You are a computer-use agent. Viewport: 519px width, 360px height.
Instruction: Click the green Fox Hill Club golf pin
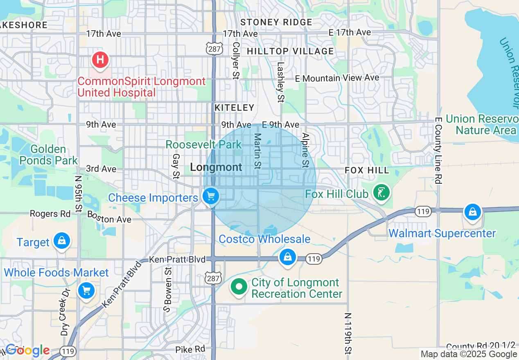(x=381, y=192)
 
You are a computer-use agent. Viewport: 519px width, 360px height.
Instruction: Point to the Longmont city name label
(x=216, y=167)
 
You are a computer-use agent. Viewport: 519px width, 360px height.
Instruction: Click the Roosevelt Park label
(x=203, y=145)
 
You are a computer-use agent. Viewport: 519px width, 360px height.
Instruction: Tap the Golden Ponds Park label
(x=48, y=155)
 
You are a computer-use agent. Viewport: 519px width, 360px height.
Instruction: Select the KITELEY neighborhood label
(x=235, y=108)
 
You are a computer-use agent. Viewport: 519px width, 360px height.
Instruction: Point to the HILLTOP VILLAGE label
(x=290, y=51)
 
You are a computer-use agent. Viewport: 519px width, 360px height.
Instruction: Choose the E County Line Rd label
(x=438, y=150)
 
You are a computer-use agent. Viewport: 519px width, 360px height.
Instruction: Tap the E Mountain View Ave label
(x=338, y=78)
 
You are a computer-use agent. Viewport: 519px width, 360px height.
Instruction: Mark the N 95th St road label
(x=78, y=194)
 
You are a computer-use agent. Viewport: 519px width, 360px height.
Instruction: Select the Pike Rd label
(x=190, y=349)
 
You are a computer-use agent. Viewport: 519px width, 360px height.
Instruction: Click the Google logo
(x=27, y=351)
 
